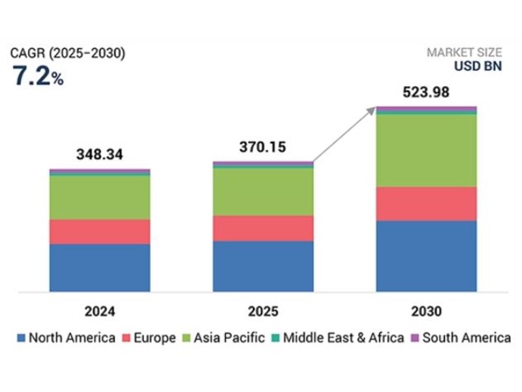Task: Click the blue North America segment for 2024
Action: point(100,268)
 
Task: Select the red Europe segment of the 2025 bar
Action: point(263,228)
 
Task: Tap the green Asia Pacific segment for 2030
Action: point(426,150)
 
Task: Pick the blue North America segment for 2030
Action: point(426,256)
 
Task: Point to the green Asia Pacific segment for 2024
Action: point(100,197)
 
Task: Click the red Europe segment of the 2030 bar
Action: point(426,204)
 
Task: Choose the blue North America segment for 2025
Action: point(263,266)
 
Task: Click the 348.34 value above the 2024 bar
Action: point(99,155)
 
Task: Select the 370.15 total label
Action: point(262,148)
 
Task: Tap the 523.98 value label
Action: point(426,93)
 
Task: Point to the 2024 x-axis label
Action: point(100,311)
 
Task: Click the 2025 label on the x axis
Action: point(263,311)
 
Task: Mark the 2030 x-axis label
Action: point(426,311)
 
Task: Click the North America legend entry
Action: point(66,338)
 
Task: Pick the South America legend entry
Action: point(460,338)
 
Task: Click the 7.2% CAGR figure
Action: point(38,77)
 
